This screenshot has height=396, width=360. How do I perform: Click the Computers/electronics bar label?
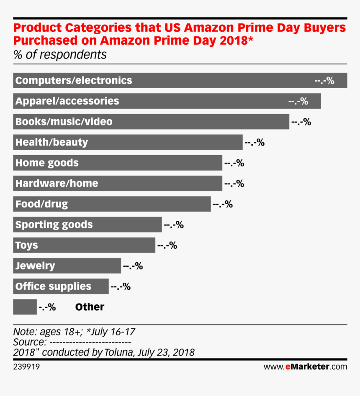74,80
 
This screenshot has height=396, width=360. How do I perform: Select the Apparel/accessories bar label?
67,101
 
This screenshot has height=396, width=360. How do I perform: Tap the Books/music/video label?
64,122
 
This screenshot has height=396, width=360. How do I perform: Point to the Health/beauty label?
51,142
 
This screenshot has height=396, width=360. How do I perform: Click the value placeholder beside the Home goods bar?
234,163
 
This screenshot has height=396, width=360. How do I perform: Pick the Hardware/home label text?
57,183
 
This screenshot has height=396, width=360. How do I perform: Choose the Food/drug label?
41,204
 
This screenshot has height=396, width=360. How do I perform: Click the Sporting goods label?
54,225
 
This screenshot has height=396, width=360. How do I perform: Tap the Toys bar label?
26,245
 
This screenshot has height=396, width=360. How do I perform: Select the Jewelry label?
35,266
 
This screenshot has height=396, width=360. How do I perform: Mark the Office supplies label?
53,286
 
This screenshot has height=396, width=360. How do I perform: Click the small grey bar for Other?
25,307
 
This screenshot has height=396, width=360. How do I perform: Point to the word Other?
90,307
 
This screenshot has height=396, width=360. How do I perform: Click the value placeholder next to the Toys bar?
167,245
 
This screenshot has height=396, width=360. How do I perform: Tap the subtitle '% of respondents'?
60,55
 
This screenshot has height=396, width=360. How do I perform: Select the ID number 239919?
27,367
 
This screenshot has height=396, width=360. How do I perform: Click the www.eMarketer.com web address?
305,367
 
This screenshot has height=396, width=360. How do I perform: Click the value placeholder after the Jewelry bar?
133,266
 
